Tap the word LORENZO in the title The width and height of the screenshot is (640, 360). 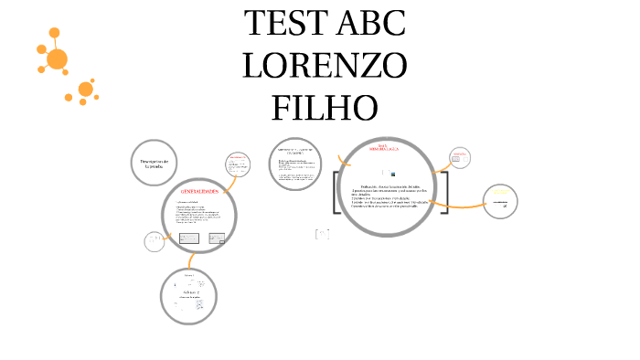tap(325, 67)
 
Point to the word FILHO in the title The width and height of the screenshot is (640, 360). tap(325, 108)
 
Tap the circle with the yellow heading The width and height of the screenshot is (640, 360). tap(499, 202)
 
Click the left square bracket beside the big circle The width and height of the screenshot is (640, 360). tap(337, 193)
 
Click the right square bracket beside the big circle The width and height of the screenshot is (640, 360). tap(444, 193)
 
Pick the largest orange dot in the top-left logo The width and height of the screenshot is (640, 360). tap(57, 59)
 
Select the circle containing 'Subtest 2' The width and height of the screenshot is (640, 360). tap(188, 293)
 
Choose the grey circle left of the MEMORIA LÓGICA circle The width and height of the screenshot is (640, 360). tap(297, 164)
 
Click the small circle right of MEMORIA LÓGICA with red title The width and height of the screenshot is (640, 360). tap(461, 157)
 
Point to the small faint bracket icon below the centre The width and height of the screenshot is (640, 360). tap(321, 235)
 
